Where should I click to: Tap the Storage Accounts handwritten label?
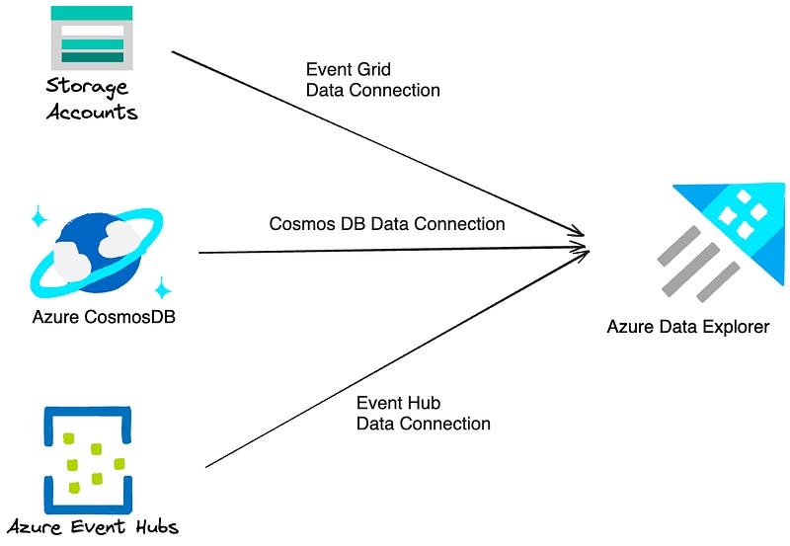pos(92,99)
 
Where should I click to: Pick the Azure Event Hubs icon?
pos(88,455)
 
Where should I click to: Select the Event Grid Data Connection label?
pos(372,80)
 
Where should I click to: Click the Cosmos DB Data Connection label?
pos(387,224)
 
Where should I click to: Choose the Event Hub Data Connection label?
pos(423,414)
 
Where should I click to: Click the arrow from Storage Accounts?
pos(375,143)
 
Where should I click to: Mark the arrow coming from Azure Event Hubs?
pos(395,358)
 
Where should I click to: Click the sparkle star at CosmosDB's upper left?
pos(39,218)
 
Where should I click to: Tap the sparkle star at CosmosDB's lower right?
pos(163,288)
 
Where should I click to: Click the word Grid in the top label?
pos(374,70)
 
